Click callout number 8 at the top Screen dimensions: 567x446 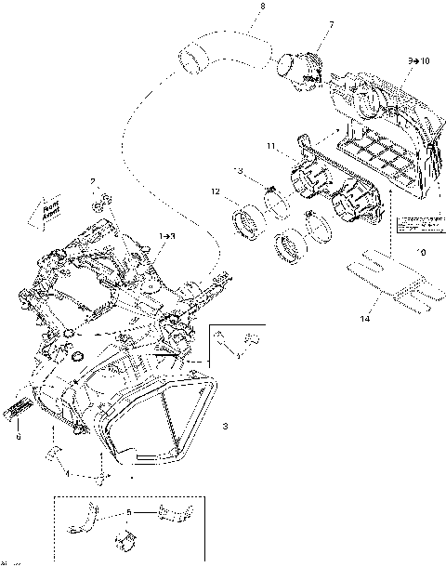(x=262, y=7)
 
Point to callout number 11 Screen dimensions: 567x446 (x=269, y=147)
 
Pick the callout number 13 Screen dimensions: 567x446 (x=240, y=172)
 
